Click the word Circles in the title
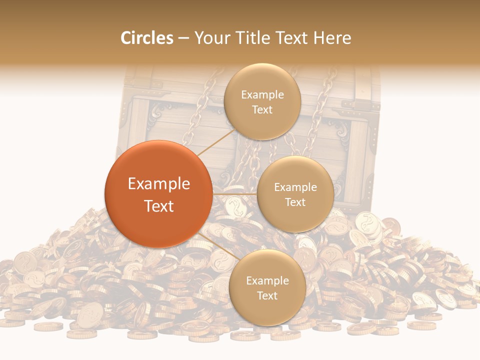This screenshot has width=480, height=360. pos(146,38)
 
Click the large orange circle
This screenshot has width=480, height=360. pos(158,194)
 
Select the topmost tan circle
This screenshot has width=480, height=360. pos(262,101)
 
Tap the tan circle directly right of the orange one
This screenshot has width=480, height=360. pos(295,194)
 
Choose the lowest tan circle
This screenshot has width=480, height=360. pos(267,287)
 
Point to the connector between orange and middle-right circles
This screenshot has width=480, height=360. pos(234,194)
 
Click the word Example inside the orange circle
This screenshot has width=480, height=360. pos(158,184)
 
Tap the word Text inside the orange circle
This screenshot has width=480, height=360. pos(158,206)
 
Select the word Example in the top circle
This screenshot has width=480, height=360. pos(262,94)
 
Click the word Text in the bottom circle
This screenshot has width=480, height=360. pos(267,295)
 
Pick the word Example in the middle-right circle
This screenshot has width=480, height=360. pos(295,187)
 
